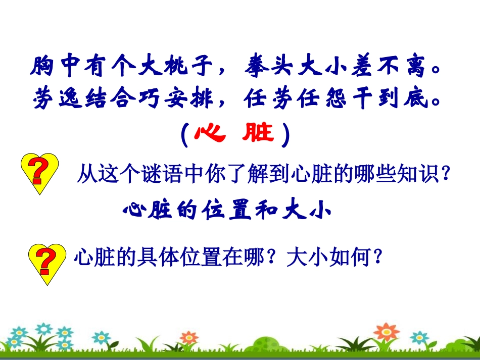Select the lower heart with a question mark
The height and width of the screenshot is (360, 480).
click(x=45, y=262)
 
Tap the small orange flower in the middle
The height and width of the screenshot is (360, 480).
click(x=188, y=337)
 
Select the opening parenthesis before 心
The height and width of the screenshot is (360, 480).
click(x=184, y=134)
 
